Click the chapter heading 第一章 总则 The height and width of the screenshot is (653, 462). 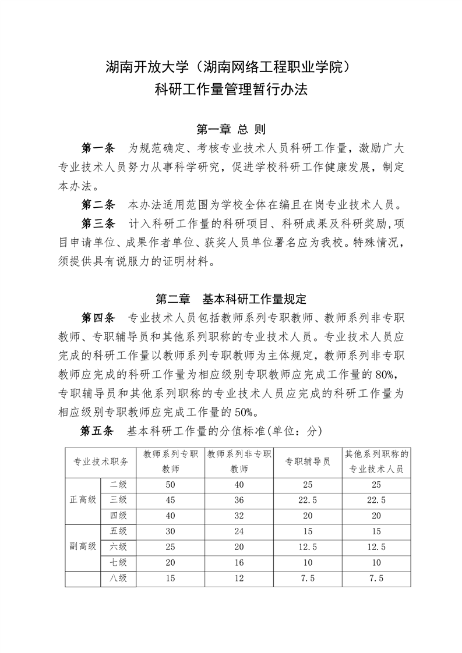[x=231, y=128]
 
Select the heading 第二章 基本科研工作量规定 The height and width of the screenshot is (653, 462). [x=231, y=299]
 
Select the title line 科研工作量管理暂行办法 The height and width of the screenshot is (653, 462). [x=231, y=90]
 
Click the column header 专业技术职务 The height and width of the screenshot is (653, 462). [x=101, y=462]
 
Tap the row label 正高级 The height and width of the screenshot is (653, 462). [x=83, y=500]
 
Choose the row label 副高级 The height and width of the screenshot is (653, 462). [x=83, y=546]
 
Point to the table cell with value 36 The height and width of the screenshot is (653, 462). [x=239, y=500]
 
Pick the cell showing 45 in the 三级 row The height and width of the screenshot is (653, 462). [x=170, y=500]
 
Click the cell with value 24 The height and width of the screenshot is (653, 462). [x=239, y=531]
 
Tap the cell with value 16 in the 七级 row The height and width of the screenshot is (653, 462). [x=239, y=562]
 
